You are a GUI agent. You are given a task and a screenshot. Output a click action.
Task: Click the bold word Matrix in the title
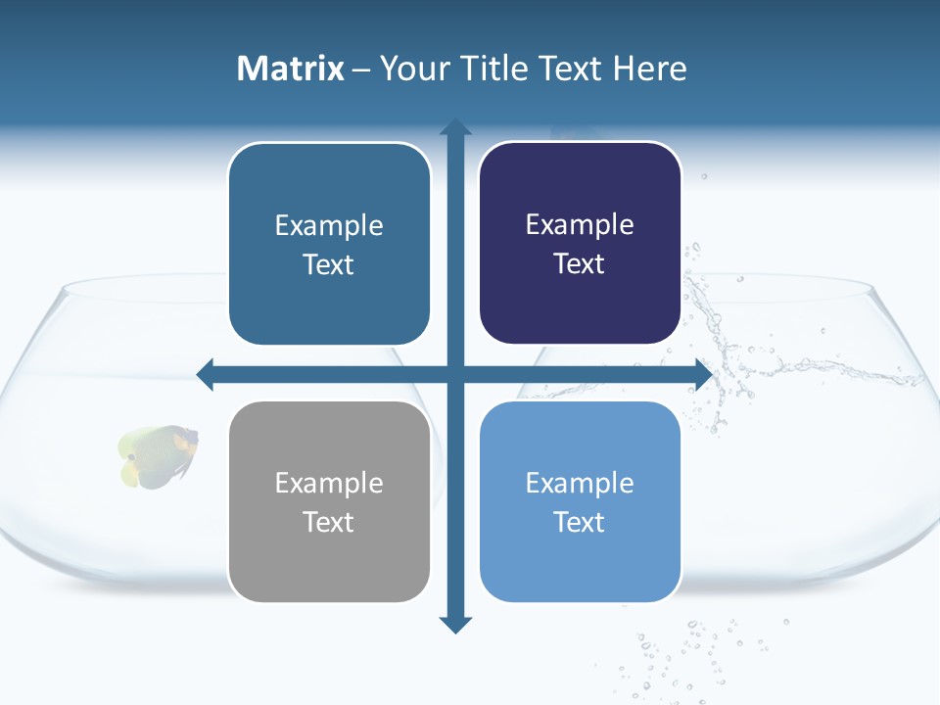point(290,69)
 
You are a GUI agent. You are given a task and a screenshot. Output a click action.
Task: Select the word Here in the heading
point(650,69)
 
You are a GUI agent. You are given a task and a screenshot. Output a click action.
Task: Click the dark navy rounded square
point(580,243)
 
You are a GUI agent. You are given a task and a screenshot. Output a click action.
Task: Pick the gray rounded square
point(329,501)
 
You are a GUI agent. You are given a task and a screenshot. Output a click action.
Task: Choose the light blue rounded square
point(580,501)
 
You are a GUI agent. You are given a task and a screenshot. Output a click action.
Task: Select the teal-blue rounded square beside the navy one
point(329,244)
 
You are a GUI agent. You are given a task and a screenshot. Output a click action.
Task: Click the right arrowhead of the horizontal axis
point(703,374)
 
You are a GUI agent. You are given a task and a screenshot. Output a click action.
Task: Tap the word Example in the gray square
point(329,483)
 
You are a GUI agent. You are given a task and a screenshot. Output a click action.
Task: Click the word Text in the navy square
point(580,263)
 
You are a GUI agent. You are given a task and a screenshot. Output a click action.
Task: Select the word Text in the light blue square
point(580,522)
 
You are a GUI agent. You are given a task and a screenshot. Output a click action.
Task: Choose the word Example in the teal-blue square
point(329,225)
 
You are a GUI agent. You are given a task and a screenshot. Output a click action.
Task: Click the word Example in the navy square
point(580,224)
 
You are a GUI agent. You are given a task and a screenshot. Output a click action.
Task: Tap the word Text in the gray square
point(329,522)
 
